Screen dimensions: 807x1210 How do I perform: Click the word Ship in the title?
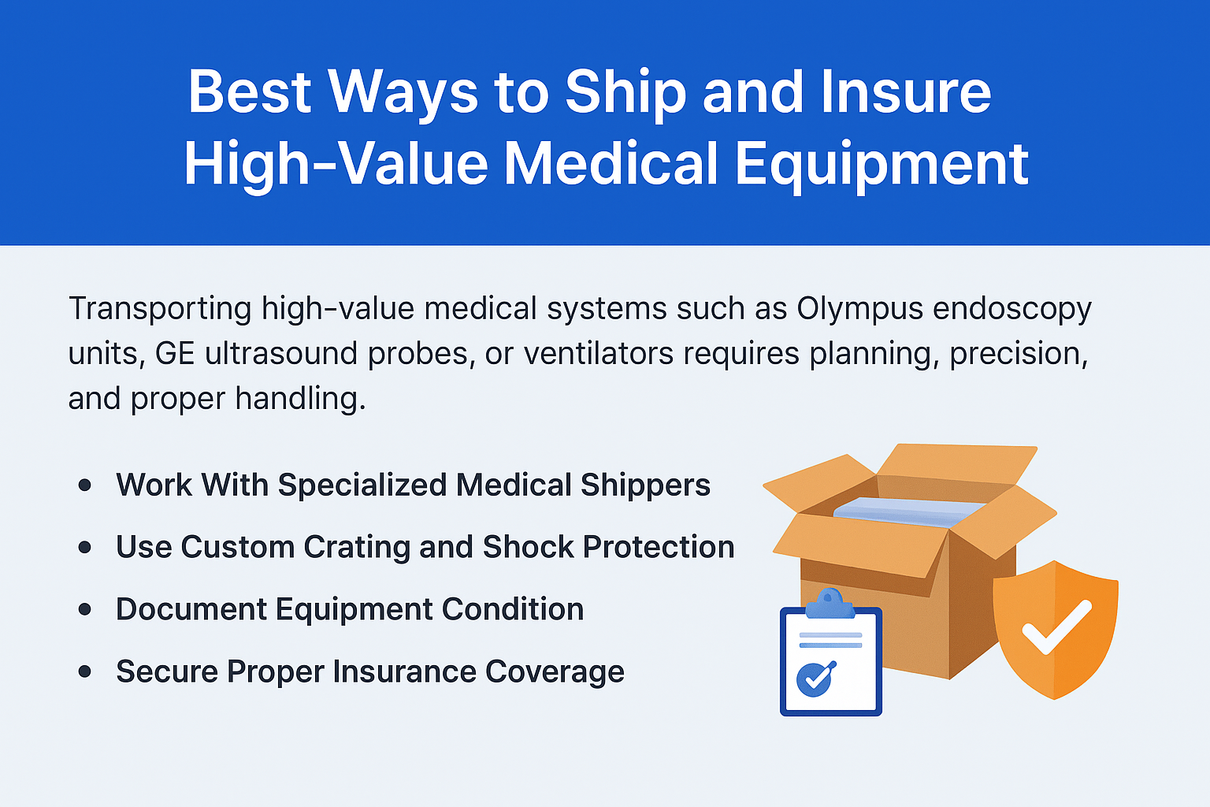(625, 93)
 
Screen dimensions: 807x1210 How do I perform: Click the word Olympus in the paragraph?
(859, 308)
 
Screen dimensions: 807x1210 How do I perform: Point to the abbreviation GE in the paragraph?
(174, 353)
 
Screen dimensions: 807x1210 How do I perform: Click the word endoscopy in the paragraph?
(1012, 308)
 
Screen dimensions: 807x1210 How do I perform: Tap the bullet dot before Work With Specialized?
(85, 485)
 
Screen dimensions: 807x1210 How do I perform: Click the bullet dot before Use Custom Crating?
(85, 547)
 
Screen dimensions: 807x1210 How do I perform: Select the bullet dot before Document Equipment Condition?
(85, 609)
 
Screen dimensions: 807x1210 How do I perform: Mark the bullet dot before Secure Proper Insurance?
(85, 671)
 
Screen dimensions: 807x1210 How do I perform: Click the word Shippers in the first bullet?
(645, 485)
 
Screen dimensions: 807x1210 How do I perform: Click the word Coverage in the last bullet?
(555, 671)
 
